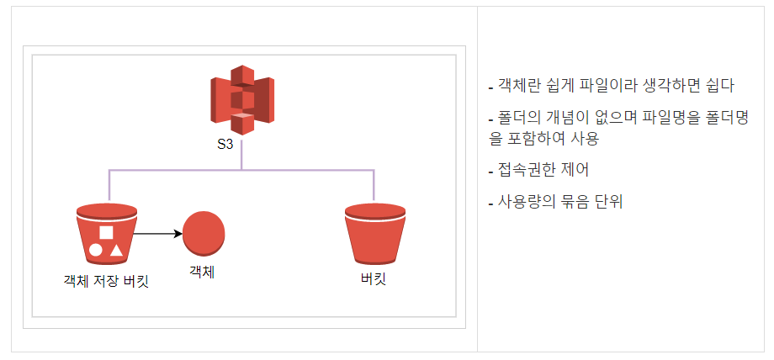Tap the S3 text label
pyautogui.click(x=225, y=144)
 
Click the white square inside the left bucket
pyautogui.click(x=106, y=233)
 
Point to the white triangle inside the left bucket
pyautogui.click(x=116, y=249)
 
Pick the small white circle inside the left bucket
pyautogui.click(x=96, y=250)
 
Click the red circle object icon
pyautogui.click(x=204, y=233)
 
